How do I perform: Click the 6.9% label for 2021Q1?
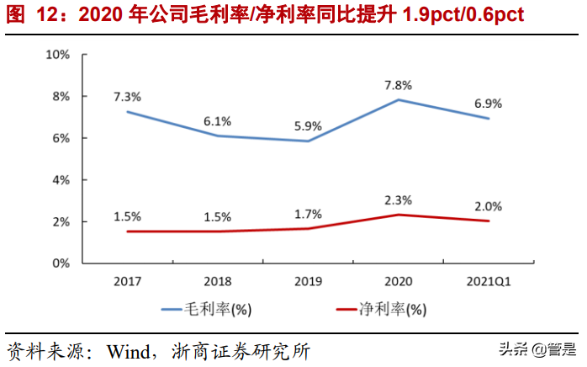click(489, 104)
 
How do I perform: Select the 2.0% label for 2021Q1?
click(489, 206)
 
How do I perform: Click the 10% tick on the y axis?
click(56, 55)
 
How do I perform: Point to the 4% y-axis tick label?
click(60, 180)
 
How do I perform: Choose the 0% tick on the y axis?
click(60, 263)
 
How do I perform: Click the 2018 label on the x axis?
click(218, 281)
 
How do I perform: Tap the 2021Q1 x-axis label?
click(489, 281)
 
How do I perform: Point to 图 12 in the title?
click(30, 15)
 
